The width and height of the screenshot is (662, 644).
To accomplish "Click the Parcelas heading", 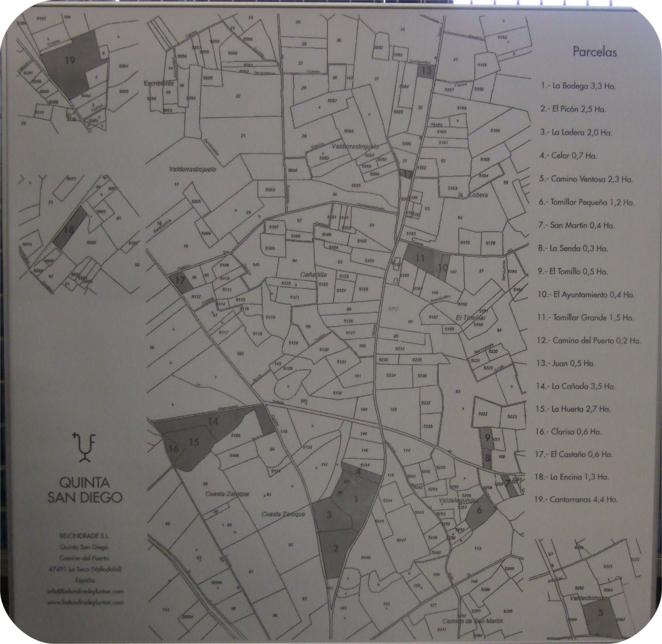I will (x=594, y=52).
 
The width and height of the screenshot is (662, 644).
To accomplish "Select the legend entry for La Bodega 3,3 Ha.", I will (x=577, y=87).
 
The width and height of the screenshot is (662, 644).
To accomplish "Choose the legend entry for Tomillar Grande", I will (x=585, y=318).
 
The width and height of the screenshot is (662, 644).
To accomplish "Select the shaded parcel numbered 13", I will (x=427, y=71).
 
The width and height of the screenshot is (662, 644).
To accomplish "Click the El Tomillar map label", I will (x=470, y=318).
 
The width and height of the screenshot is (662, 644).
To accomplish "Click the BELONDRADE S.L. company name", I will (x=85, y=536).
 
